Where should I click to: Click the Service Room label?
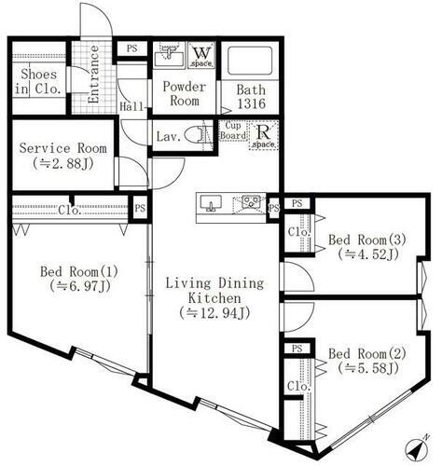click(x=63, y=148)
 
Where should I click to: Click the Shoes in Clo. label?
click(x=35, y=82)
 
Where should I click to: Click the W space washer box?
click(x=200, y=55)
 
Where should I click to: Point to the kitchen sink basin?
click(x=210, y=203)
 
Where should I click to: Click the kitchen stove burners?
click(x=250, y=202)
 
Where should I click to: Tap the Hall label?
click(x=133, y=106)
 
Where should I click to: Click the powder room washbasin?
click(x=168, y=54)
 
